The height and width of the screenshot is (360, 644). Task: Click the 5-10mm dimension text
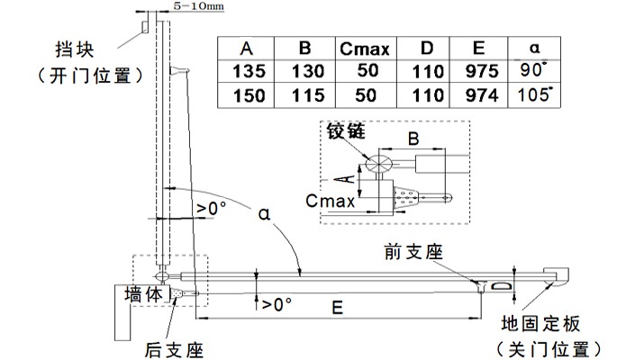186,5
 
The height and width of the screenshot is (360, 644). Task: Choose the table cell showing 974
479,94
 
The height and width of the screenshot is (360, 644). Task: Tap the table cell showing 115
304,94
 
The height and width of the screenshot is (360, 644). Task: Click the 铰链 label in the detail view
347,130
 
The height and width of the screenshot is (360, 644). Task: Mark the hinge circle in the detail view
377,163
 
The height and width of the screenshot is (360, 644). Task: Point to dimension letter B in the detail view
413,139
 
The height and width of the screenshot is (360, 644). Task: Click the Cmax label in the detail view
329,202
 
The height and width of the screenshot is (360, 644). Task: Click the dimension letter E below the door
335,307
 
